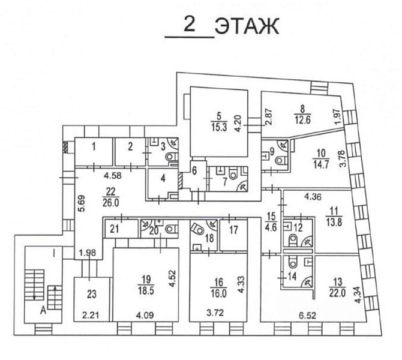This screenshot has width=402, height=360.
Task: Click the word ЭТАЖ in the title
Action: click(247, 26)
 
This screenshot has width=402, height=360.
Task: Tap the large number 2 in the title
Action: click(190, 25)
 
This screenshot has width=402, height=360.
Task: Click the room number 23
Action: click(91, 294)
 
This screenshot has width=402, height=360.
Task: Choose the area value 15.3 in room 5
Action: click(218, 128)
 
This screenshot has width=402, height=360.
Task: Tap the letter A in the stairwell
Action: click(43, 311)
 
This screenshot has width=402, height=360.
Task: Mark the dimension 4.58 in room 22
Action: click(113, 176)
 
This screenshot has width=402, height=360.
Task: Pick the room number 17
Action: click(233, 230)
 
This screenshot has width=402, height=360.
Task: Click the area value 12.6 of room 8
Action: click(302, 120)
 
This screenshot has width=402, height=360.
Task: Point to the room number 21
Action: click(115, 229)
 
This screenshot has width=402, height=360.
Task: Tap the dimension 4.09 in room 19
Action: click(145, 314)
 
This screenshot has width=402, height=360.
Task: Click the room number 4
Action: click(163, 178)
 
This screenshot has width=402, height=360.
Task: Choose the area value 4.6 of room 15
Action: click(271, 227)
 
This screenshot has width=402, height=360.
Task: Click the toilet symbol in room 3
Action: click(171, 156)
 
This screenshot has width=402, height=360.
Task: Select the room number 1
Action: click(94, 147)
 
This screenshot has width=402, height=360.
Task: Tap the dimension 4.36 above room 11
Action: click(313, 197)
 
